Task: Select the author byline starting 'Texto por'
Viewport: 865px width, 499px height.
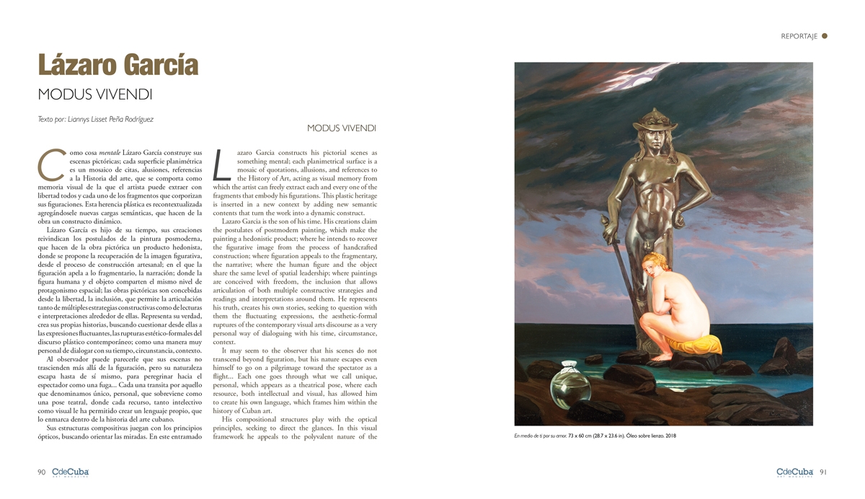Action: pyautogui.click(x=96, y=119)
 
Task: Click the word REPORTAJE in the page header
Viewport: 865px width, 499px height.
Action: pyautogui.click(x=799, y=36)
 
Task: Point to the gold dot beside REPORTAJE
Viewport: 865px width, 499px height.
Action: pyautogui.click(x=825, y=35)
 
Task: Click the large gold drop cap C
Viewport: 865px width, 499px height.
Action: pyautogui.click(x=48, y=164)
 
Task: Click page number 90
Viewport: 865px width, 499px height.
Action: pyautogui.click(x=42, y=472)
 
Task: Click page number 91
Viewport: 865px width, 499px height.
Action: pyautogui.click(x=822, y=472)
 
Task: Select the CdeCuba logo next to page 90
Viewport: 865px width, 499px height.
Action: pyautogui.click(x=70, y=472)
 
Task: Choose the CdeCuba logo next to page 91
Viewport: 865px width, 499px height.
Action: pyautogui.click(x=795, y=472)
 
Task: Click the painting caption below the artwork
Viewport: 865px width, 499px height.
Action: pyautogui.click(x=595, y=436)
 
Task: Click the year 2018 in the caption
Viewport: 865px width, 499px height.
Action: pyautogui.click(x=670, y=436)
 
